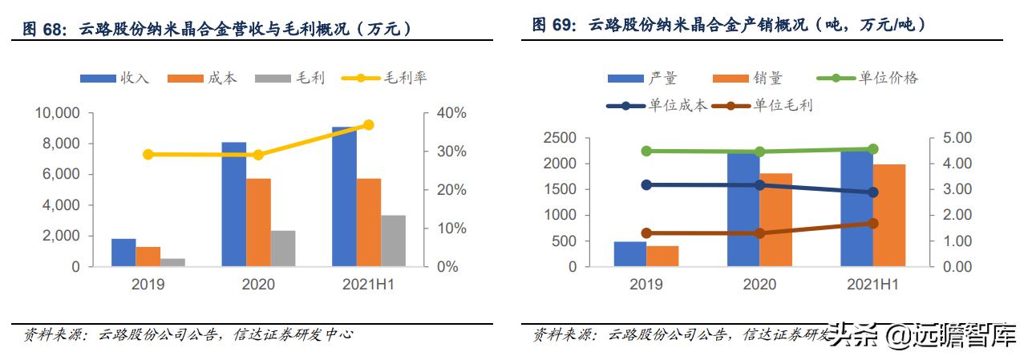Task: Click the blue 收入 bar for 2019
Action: tap(123, 253)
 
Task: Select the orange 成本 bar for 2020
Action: tap(258, 222)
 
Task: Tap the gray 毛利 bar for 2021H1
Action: tap(393, 241)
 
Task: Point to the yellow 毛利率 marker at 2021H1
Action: tap(368, 125)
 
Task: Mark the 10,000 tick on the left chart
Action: tap(57, 113)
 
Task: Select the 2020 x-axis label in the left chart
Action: tap(258, 285)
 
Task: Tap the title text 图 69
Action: tap(554, 25)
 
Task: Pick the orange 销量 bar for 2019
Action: tap(662, 256)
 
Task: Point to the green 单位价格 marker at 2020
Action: tap(759, 152)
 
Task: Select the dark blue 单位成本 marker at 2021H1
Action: tap(872, 192)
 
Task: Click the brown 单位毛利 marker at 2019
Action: tap(646, 233)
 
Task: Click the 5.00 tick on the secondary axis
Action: tap(955, 139)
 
